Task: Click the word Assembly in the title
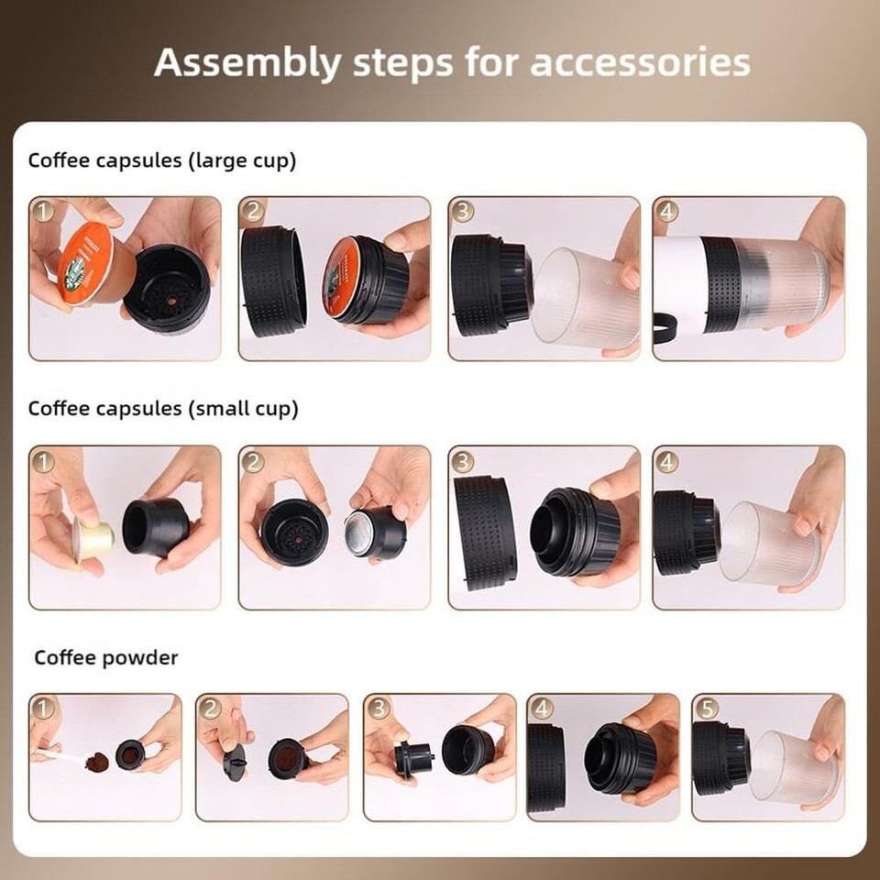coord(236,63)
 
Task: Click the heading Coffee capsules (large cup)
coord(162,160)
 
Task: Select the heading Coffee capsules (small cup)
coord(163,408)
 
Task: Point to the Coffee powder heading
coord(105,657)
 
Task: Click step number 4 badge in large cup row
coord(668,212)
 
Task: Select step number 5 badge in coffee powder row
coord(707,709)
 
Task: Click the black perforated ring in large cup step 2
coord(273,280)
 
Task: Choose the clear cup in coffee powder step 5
coord(791,764)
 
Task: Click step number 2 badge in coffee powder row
coord(211,709)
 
